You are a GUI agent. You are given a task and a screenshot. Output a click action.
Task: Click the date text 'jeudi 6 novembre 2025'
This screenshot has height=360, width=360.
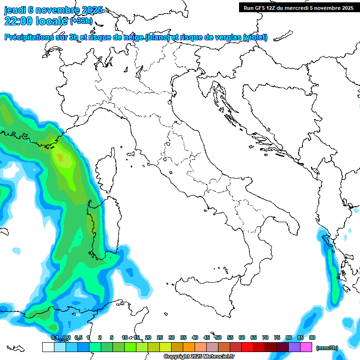click(53, 10)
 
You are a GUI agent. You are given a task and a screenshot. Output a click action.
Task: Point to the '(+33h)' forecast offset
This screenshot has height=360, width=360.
click(81, 21)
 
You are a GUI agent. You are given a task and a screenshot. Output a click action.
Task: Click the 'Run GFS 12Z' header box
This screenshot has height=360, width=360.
click(298, 7)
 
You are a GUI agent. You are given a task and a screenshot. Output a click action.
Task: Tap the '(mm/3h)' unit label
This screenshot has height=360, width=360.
click(327, 348)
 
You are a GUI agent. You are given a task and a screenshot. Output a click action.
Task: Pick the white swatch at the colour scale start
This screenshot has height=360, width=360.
click(48, 347)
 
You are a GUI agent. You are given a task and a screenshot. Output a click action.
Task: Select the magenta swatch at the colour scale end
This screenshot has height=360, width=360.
click(306, 347)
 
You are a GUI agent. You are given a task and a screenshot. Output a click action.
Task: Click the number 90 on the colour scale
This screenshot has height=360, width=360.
click(312, 338)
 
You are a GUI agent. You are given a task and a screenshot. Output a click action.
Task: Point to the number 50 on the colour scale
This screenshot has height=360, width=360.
click(218, 338)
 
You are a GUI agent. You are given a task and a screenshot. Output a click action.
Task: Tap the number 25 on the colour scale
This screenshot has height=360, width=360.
click(160, 338)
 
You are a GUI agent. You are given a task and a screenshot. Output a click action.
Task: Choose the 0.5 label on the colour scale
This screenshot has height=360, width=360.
click(78, 338)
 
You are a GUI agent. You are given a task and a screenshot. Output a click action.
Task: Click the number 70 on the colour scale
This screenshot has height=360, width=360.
click(265, 338)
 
